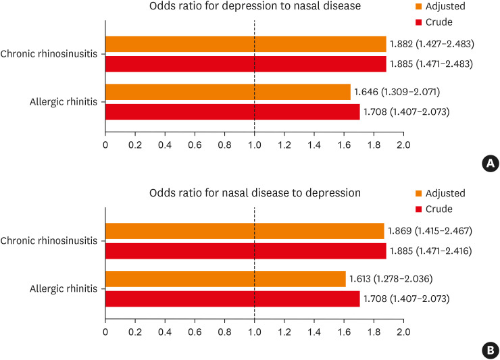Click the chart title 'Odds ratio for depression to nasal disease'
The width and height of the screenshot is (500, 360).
point(254,7)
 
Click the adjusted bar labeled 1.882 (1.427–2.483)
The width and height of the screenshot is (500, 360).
point(245,44)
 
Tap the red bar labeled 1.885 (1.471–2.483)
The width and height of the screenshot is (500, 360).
point(245,63)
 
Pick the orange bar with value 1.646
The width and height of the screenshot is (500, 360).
point(228,92)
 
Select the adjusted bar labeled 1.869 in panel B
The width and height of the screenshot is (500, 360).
point(245,231)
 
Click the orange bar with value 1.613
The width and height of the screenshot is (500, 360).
point(225,278)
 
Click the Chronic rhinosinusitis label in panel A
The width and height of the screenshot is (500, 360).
point(51,54)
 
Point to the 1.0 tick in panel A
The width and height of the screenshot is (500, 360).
point(254,145)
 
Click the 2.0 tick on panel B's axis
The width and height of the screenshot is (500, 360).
point(403,332)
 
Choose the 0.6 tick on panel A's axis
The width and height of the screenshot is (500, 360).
point(195,145)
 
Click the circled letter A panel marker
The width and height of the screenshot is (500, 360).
point(491,163)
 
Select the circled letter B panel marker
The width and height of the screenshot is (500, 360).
point(491,350)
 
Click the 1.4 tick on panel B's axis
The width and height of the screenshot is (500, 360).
point(314,332)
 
